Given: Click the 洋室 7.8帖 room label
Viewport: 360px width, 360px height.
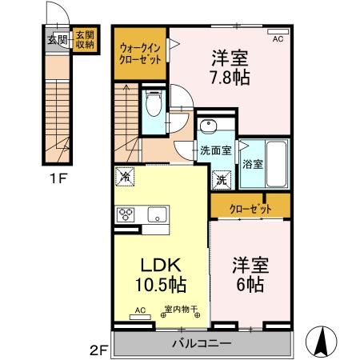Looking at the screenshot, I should point(229,67).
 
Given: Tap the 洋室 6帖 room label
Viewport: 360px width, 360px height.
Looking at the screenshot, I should point(248,274).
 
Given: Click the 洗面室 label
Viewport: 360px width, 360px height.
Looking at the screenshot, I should point(215,150).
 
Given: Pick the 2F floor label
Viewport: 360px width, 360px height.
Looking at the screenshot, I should point(98,350).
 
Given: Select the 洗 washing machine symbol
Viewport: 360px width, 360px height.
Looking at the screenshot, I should point(221,180).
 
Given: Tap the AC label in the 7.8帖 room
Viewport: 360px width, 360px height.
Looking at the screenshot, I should point(278,38).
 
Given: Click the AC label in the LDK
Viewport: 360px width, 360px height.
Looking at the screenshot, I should point(140,311).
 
